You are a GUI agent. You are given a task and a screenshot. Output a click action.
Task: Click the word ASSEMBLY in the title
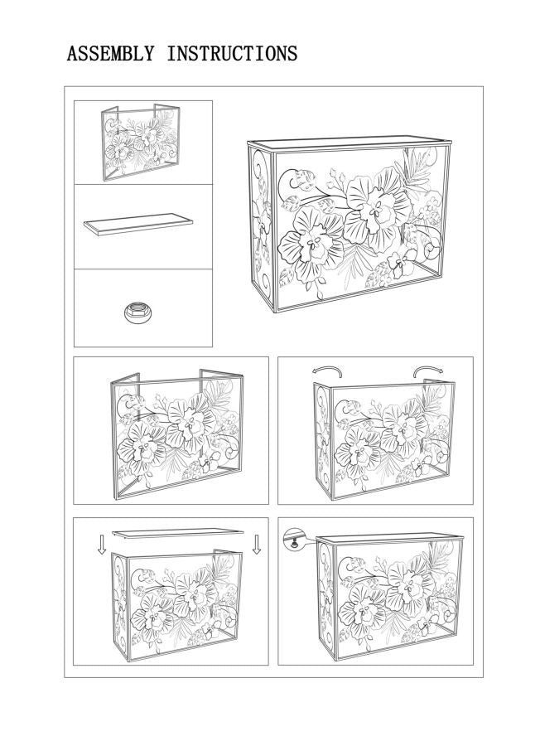pyautogui.click(x=110, y=55)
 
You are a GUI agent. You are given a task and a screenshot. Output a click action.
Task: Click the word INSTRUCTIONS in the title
pyautogui.click(x=232, y=55)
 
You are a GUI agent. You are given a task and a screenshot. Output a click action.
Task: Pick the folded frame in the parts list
pyautogui.click(x=142, y=142)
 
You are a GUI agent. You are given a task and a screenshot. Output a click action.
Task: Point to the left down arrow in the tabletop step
pyautogui.click(x=101, y=544)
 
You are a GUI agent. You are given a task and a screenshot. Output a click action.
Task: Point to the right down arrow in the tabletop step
pyautogui.click(x=257, y=544)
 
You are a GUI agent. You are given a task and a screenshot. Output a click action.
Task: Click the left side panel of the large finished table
pyautogui.click(x=263, y=228)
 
